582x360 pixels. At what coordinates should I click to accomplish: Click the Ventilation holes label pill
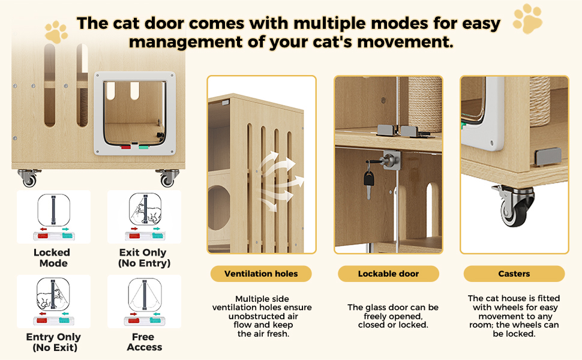261,274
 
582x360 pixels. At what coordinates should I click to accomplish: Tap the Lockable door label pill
388,274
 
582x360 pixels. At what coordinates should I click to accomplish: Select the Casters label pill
514,274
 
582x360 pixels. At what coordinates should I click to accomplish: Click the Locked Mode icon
53,217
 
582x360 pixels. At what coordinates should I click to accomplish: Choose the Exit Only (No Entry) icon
145,217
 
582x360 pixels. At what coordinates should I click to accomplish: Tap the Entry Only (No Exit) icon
53,301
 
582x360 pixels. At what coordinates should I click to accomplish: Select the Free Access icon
145,301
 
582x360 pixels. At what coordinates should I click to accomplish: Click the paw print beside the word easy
527,19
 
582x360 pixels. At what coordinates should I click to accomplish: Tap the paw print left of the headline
56,32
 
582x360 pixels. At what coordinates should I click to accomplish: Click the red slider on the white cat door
126,148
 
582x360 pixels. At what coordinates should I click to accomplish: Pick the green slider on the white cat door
143,148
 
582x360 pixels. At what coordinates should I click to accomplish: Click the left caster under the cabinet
28,178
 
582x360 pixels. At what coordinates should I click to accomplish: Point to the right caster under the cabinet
168,178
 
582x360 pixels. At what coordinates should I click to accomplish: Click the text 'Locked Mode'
52,258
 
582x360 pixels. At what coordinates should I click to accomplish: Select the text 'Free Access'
144,342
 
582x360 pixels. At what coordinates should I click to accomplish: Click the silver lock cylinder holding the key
391,160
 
